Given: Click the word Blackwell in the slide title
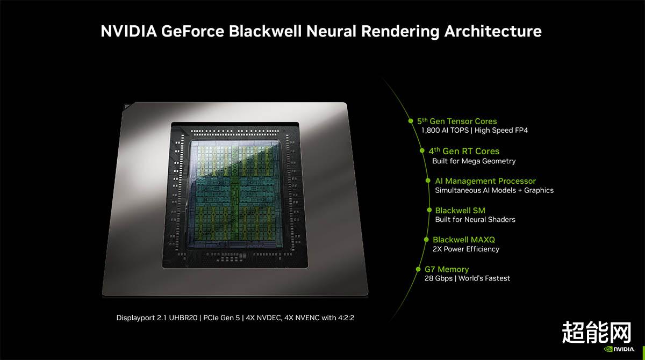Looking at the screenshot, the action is coord(265,31).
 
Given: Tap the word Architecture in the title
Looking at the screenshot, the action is coord(493,31).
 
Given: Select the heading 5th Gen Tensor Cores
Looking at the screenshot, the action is coord(457,121).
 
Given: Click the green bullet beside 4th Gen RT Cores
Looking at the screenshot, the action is coord(422,150).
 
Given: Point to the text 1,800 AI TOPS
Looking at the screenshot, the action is coord(445,131).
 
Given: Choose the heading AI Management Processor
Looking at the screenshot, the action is coord(485,181).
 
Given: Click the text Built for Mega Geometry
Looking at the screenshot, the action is coord(474,161).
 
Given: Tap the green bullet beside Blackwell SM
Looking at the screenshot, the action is coord(429,210).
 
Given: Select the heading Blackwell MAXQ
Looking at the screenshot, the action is coord(463,240).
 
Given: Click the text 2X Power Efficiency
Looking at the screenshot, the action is coord(466,249).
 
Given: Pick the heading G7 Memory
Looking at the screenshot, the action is coord(447,269).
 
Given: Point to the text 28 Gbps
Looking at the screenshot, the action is coord(439,278).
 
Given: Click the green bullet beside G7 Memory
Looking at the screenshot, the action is coord(418,269).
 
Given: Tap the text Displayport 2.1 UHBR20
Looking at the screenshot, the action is coord(157,318).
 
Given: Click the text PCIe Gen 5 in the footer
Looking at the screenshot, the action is coord(221,318).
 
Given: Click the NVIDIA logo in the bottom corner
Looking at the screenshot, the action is coord(619,349).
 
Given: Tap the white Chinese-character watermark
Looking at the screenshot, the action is coord(596,333).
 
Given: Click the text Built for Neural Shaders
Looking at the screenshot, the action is coord(475,220).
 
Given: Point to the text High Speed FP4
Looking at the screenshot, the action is coord(501,131).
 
